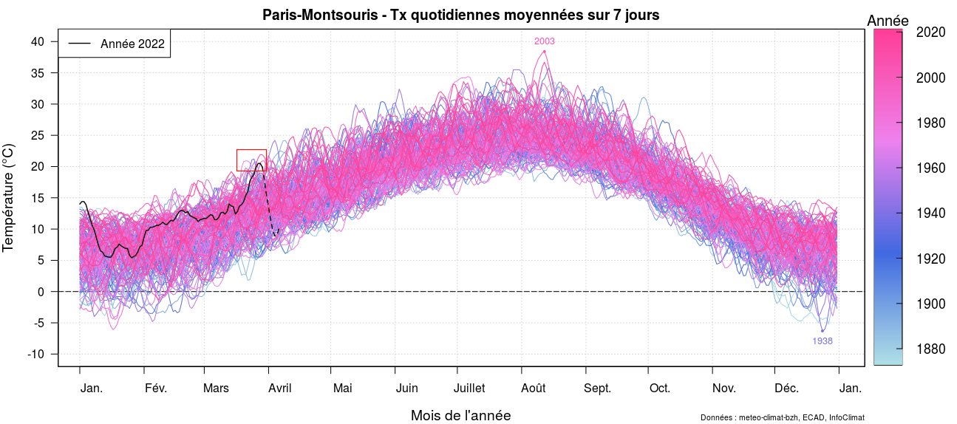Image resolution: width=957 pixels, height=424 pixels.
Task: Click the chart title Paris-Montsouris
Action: (x=460, y=15)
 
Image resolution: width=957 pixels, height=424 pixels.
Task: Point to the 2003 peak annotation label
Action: (x=545, y=41)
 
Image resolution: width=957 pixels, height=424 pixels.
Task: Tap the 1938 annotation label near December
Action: (x=822, y=341)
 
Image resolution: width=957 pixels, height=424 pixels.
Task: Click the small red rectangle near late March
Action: (x=251, y=160)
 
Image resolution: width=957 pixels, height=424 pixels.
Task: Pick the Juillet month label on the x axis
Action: (x=469, y=389)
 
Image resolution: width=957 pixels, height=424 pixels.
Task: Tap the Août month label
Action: (x=534, y=389)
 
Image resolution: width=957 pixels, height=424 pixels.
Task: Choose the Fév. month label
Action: (x=156, y=389)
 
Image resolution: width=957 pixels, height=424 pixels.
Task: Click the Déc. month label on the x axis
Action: (x=786, y=389)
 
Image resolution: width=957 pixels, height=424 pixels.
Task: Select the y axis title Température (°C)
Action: (x=9, y=198)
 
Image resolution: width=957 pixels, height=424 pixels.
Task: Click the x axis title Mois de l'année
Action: (x=460, y=415)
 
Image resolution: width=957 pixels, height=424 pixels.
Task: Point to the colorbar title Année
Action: (x=888, y=21)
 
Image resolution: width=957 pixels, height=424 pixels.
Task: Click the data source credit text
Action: (x=782, y=418)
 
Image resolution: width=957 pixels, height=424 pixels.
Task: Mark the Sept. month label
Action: (x=597, y=389)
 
